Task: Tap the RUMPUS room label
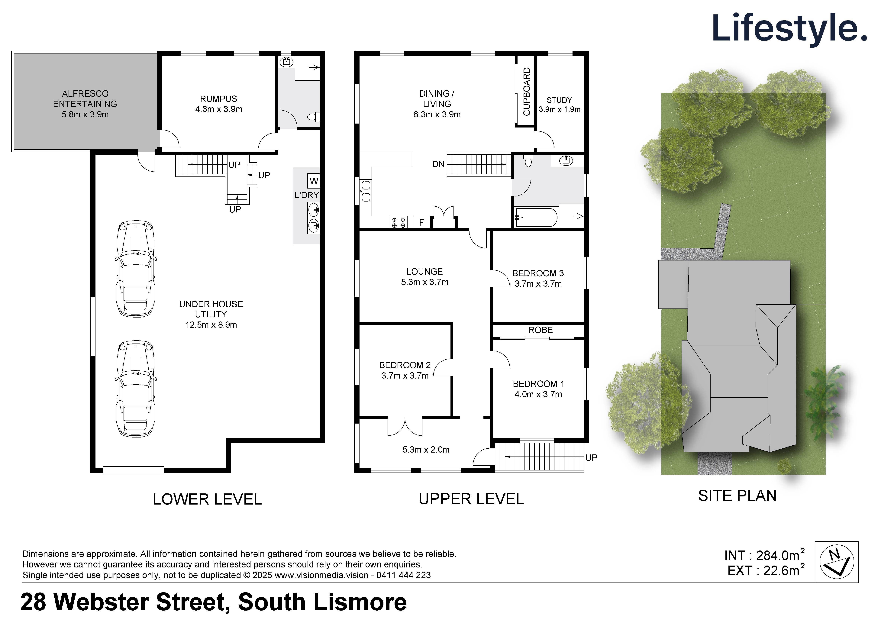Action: tap(218, 98)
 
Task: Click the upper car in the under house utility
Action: tap(135, 269)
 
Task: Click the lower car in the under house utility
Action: tap(135, 388)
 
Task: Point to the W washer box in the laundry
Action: tap(314, 181)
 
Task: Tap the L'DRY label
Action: tap(306, 195)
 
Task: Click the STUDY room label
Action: tap(559, 100)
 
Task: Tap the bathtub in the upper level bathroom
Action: tap(536, 218)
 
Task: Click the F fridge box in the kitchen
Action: tap(421, 222)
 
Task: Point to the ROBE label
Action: tap(540, 330)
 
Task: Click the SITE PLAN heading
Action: tap(737, 496)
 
